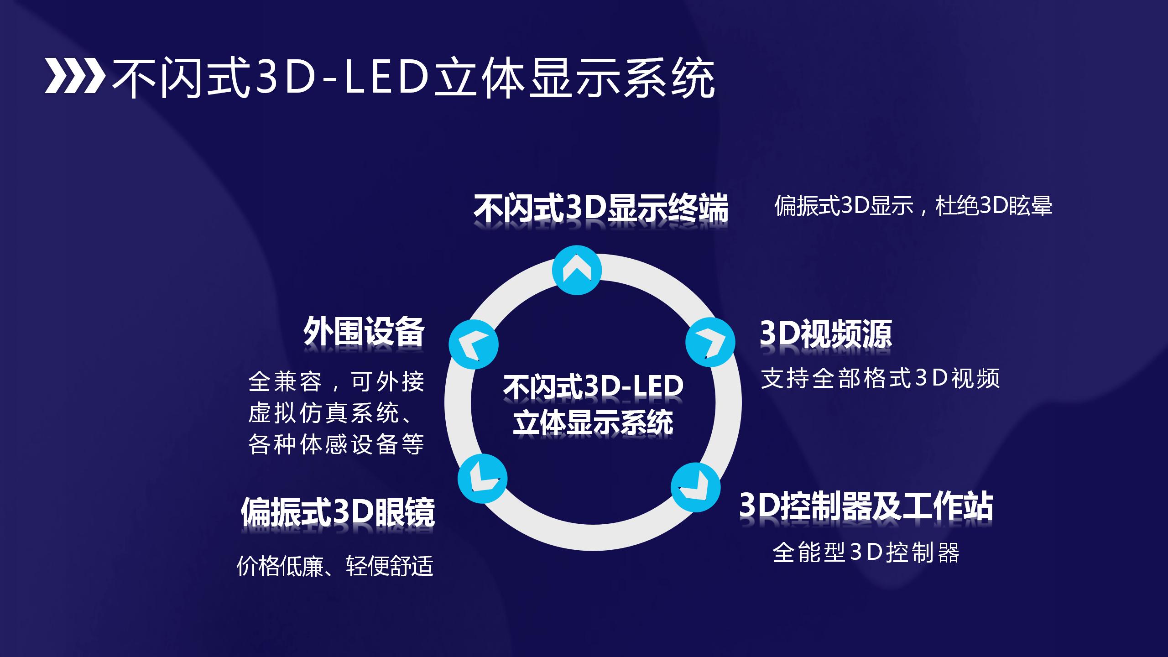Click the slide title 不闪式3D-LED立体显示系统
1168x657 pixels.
pos(413,78)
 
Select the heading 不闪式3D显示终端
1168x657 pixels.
pos(601,208)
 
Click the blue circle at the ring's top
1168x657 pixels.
pos(577,270)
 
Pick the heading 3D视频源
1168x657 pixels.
pos(825,334)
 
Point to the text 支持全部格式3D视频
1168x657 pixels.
pos(880,378)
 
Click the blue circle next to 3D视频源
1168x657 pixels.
pos(710,342)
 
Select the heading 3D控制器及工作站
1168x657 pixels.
pos(866,506)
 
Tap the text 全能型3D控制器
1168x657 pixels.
pos(866,553)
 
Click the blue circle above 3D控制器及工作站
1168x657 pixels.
pos(695,487)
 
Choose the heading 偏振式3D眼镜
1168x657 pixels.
pos(338,512)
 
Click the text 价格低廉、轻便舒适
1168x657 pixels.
pos(335,566)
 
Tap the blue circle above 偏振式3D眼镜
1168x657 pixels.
pos(482,479)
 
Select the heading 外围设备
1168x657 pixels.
pos(364,332)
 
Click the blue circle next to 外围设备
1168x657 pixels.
pos(474,344)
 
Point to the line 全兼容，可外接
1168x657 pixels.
pos(336,381)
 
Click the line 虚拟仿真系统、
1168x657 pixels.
pos(331,413)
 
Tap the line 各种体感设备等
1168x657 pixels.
pos(336,444)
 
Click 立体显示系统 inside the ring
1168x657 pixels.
pos(593,422)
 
